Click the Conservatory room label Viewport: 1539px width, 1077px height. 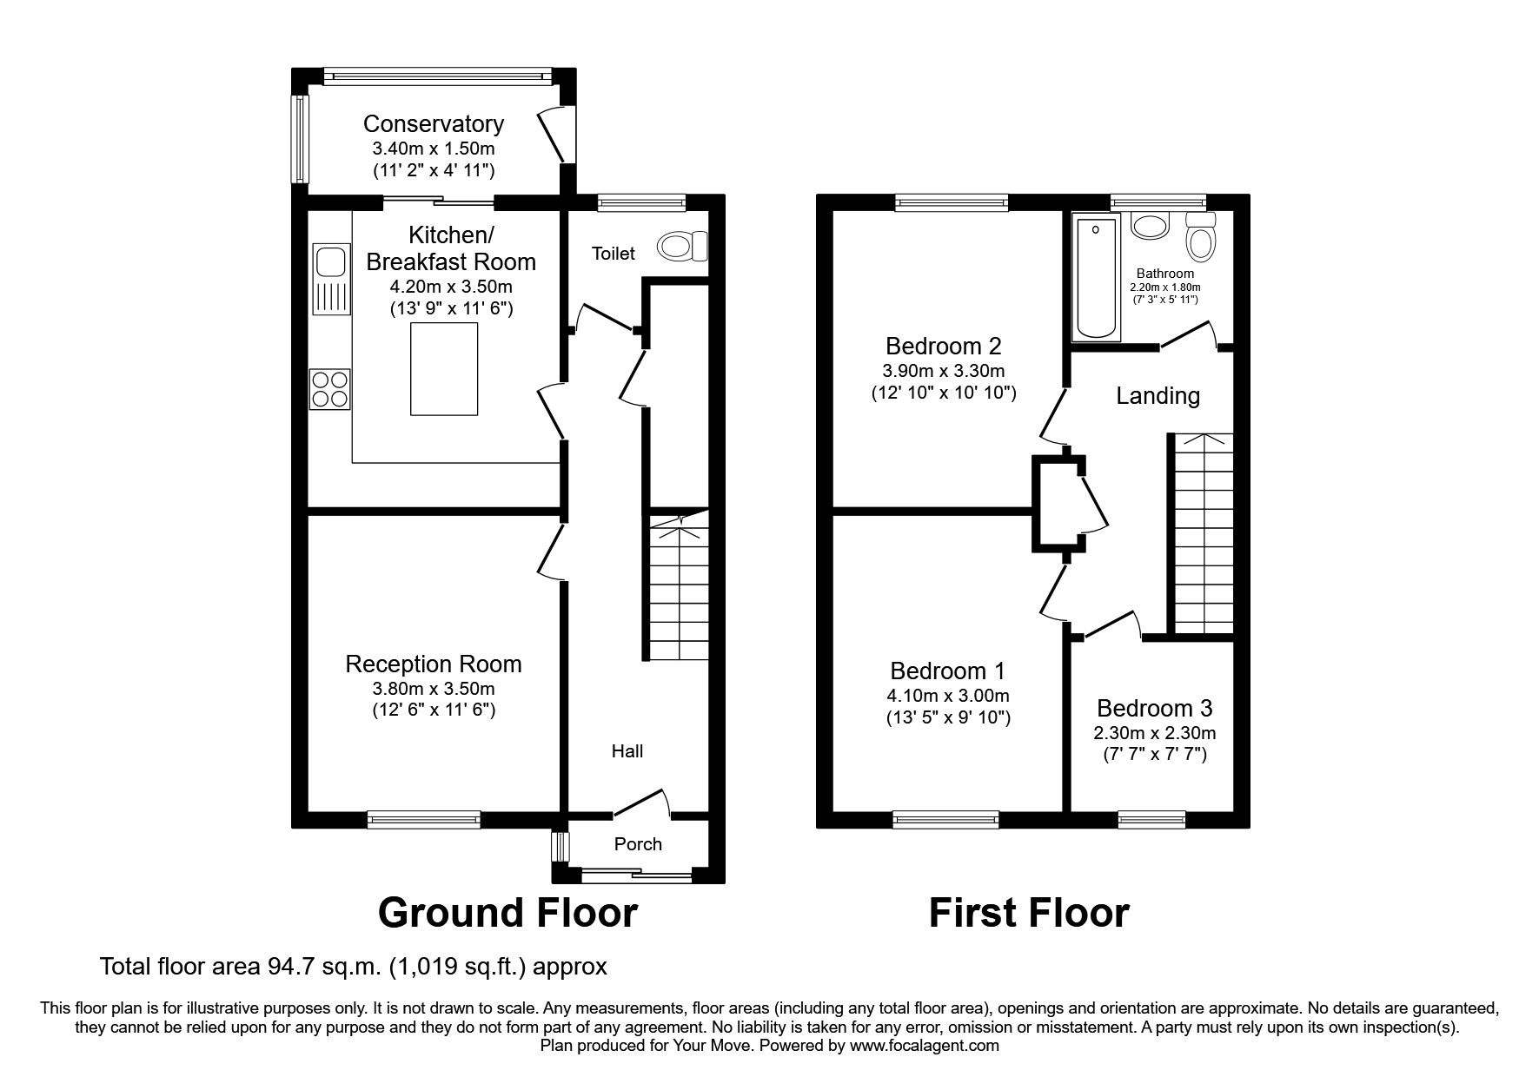(433, 124)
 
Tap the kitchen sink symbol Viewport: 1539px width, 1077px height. (330, 261)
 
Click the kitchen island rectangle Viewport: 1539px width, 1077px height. (443, 368)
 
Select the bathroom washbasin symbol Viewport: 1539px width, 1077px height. (1150, 227)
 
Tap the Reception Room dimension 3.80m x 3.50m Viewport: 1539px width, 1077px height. (433, 689)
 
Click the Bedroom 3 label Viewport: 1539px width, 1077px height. (1154, 708)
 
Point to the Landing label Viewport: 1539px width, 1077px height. (1158, 396)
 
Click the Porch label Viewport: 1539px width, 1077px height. (638, 844)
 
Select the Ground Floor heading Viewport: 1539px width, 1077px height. (507, 913)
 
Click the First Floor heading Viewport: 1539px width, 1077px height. (1029, 913)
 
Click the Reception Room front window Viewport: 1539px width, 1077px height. (423, 817)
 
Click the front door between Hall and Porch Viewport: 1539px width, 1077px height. (641, 804)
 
